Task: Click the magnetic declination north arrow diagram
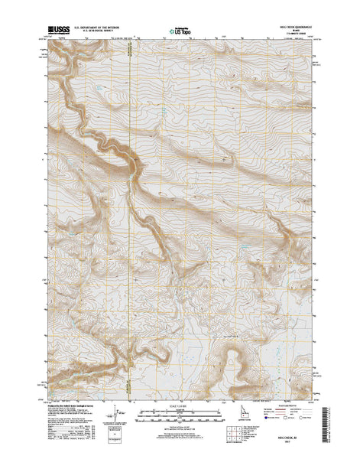tap(117, 411)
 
